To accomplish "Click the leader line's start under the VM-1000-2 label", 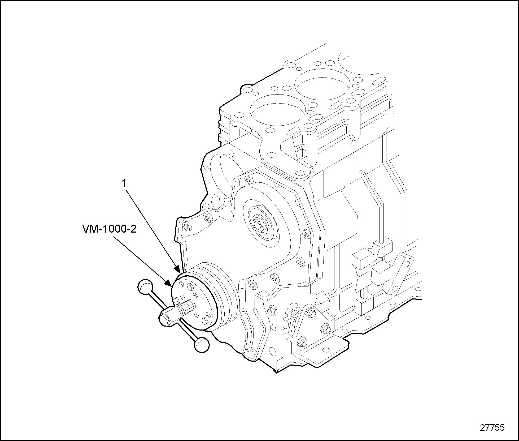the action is point(114,237).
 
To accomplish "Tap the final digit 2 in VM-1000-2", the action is point(133,229).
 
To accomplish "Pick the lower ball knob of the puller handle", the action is point(202,345).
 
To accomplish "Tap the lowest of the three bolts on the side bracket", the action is point(302,343).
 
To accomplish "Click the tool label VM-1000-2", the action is point(109,229).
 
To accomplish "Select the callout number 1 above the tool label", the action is point(124,184).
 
